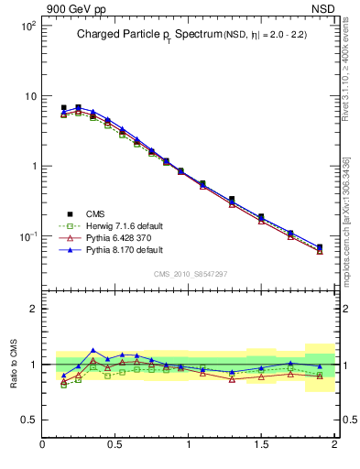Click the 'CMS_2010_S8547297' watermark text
[x=190, y=274]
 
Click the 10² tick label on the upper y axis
[x=27, y=26]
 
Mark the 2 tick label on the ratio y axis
[x=33, y=309]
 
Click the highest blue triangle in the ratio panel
[x=93, y=350]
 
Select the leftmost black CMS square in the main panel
[x=63, y=108]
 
